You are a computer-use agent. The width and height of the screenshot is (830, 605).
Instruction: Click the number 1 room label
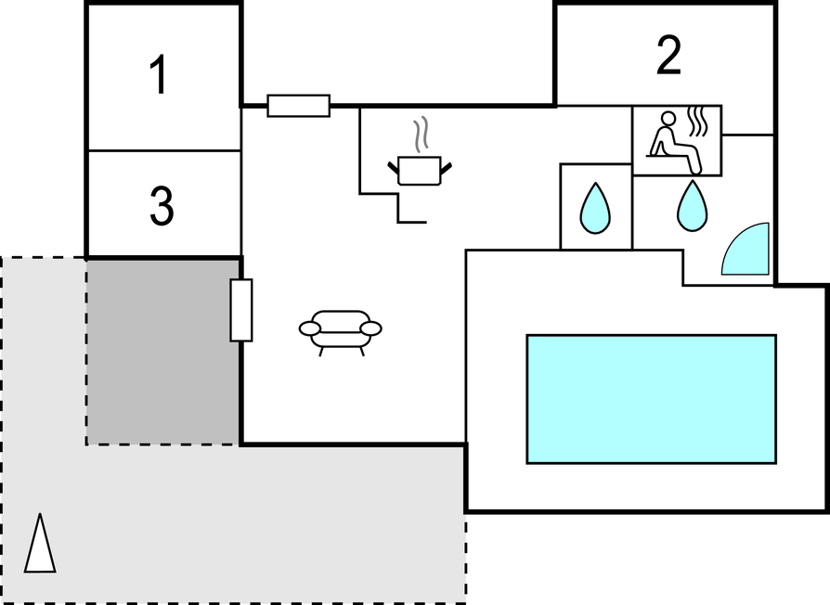click(x=161, y=75)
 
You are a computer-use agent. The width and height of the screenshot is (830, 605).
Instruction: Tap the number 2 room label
click(x=668, y=56)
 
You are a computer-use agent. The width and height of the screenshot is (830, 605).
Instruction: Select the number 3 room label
click(x=162, y=206)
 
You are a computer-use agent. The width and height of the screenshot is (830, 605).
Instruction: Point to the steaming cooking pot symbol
click(x=420, y=170)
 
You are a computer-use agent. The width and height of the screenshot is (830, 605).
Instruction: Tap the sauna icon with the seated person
click(x=677, y=141)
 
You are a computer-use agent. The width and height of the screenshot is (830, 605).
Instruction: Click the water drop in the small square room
click(x=595, y=208)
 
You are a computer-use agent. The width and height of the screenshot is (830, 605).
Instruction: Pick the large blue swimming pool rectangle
click(x=651, y=399)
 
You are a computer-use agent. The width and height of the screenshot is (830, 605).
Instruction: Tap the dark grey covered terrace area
click(x=163, y=352)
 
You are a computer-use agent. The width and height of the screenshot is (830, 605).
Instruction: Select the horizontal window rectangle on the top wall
click(x=299, y=106)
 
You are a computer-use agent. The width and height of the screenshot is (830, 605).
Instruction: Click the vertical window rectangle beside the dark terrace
click(x=241, y=310)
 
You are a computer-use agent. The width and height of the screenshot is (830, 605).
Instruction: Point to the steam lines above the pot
click(x=422, y=135)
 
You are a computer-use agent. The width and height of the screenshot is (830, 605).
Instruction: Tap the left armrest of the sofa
click(x=310, y=328)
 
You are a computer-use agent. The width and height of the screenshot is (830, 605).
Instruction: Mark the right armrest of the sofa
click(x=370, y=328)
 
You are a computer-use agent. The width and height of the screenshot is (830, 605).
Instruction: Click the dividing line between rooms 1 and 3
click(x=163, y=150)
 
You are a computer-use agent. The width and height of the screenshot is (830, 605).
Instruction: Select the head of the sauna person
click(x=667, y=118)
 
